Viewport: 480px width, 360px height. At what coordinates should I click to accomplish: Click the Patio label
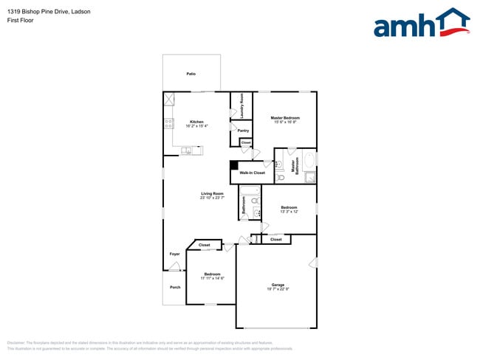coord(191,74)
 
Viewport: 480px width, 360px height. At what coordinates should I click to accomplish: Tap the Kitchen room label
coord(196,122)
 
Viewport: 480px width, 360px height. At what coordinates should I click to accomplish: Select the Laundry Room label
coord(241,110)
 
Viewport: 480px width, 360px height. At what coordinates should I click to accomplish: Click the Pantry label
coord(243,131)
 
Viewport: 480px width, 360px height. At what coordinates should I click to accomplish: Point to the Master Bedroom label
coord(285,117)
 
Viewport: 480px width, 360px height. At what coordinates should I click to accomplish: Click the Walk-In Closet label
coord(252,173)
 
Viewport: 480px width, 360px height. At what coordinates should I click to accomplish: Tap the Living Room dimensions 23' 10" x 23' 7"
coord(212,198)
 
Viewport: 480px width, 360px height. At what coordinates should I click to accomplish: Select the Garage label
coord(278,284)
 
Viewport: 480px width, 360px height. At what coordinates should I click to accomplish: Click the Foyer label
coord(175,254)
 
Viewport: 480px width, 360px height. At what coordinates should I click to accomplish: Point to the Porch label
coord(175,287)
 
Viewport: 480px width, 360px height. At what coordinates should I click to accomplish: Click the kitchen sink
coord(188,151)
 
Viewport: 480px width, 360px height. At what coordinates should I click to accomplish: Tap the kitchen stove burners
coord(168,123)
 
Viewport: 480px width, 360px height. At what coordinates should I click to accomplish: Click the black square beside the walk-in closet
coord(233,165)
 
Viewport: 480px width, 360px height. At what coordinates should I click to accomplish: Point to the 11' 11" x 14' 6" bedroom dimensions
coord(213,278)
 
